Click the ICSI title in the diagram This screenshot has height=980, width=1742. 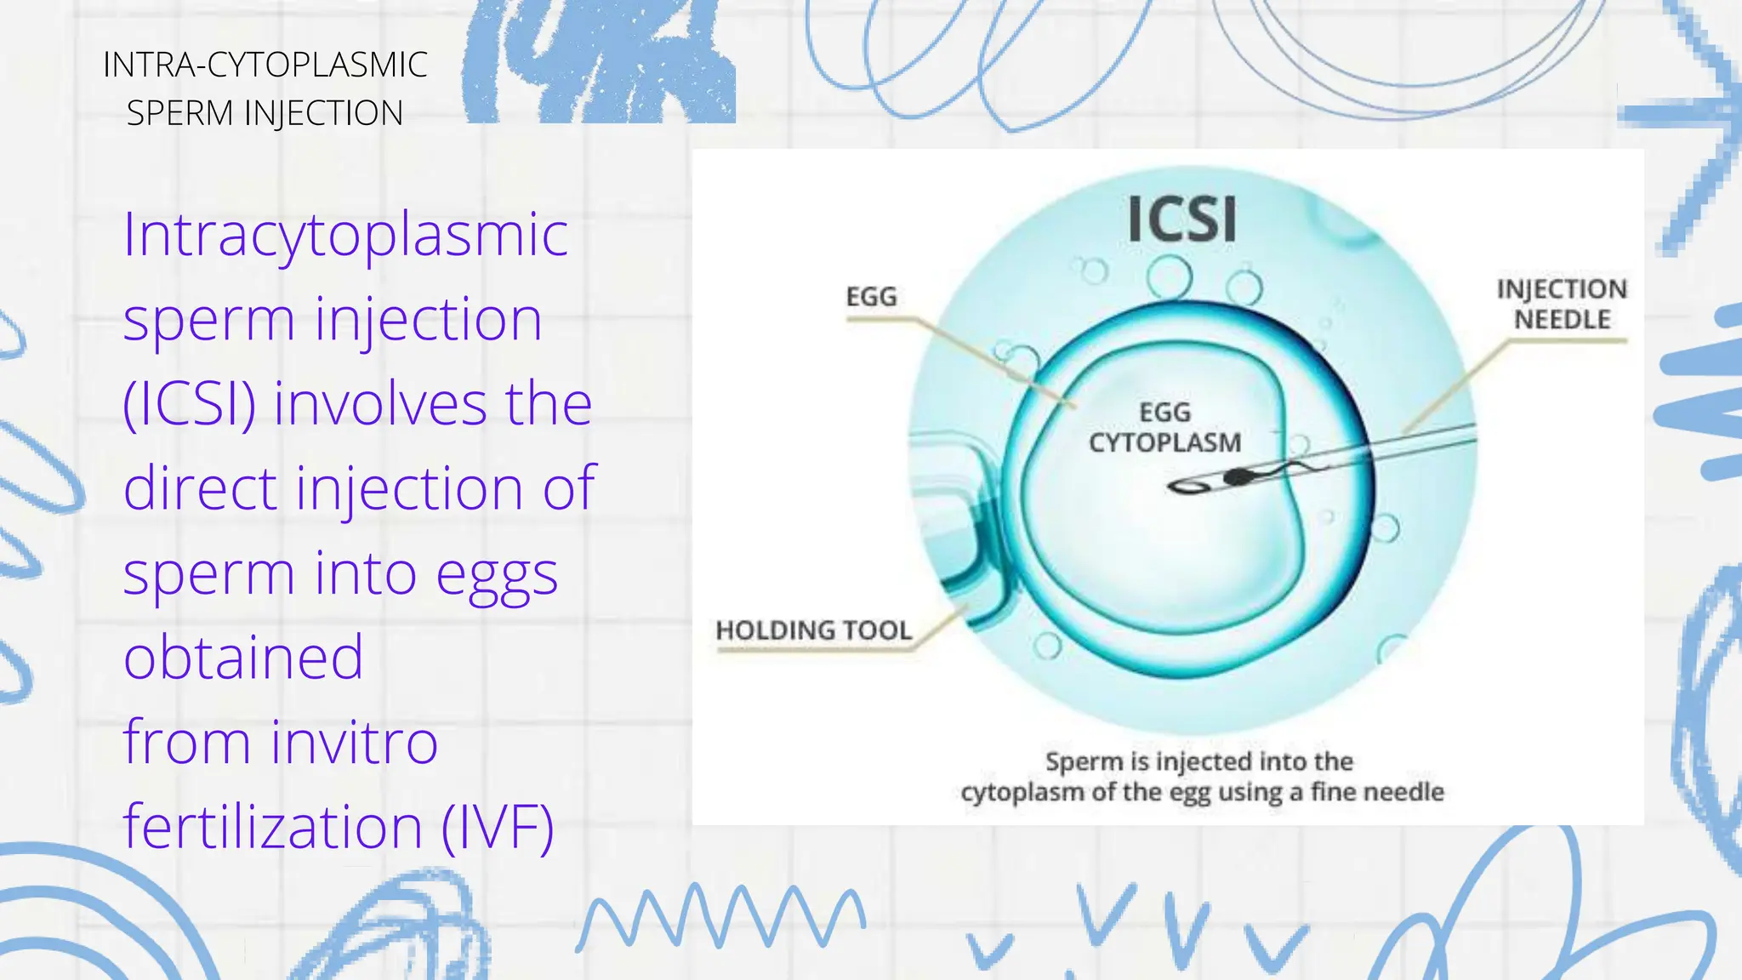tap(1181, 219)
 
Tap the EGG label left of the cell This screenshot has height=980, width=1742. tap(871, 297)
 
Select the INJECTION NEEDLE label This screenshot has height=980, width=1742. tap(1562, 305)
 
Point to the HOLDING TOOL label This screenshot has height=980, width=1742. tap(813, 630)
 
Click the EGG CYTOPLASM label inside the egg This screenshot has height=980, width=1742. tap(1164, 428)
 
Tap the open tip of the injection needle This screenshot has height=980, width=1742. tap(1184, 487)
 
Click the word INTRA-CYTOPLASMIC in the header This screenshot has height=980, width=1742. tap(265, 66)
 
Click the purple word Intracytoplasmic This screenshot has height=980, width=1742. tap(345, 234)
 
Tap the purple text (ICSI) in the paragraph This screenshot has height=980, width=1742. tap(189, 403)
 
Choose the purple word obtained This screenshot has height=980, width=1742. tap(243, 658)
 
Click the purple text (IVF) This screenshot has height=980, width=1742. tap(498, 827)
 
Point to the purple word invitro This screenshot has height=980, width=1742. tap(354, 742)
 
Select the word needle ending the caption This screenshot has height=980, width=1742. tap(1403, 792)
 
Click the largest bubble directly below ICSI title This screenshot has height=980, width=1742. tap(1169, 277)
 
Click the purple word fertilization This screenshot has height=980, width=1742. tap(272, 827)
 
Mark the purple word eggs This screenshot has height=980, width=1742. tap(497, 574)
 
